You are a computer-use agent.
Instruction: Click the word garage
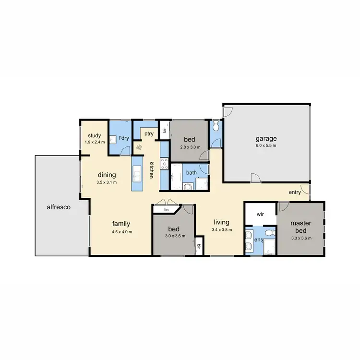click(x=266, y=139)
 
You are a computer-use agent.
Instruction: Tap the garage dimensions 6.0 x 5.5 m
click(x=266, y=146)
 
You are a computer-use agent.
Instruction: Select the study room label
click(x=94, y=135)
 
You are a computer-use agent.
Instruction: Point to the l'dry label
click(x=124, y=138)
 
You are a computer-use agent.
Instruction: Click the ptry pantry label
click(x=148, y=133)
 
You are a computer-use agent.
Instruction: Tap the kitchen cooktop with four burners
click(x=164, y=163)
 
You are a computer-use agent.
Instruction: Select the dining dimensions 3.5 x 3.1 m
click(x=107, y=182)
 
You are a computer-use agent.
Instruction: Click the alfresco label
click(x=59, y=207)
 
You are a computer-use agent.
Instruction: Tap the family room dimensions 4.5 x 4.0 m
click(x=122, y=232)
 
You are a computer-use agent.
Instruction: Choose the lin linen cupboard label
click(x=166, y=210)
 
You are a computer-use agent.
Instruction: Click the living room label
click(x=221, y=222)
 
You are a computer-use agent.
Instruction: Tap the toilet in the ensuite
click(x=270, y=234)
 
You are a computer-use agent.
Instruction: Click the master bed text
click(x=301, y=227)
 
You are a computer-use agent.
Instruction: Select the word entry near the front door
click(x=295, y=192)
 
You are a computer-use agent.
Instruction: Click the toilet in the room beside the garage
click(x=216, y=127)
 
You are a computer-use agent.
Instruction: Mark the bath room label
click(x=192, y=172)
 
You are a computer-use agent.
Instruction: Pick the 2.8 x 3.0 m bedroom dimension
click(x=189, y=147)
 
